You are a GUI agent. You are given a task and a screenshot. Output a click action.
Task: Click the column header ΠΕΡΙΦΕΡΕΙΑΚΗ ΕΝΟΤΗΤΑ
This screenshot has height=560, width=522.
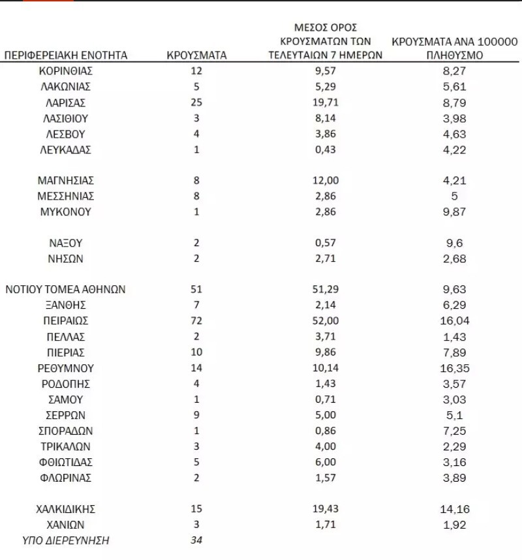point(65,55)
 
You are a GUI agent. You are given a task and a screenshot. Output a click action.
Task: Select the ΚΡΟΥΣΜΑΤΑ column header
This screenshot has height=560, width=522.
point(196,55)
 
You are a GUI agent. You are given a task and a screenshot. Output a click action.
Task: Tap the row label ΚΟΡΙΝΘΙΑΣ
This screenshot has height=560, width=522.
point(65,70)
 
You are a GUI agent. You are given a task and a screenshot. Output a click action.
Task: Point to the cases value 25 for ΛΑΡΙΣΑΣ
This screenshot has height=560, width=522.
point(196,102)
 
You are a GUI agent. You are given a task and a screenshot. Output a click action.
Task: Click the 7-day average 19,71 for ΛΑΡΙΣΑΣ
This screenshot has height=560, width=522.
point(325,102)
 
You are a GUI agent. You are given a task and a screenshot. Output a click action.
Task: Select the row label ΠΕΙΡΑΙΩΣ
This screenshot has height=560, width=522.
point(65,321)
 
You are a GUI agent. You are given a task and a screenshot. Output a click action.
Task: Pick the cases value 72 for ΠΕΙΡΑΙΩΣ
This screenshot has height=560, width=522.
point(196,321)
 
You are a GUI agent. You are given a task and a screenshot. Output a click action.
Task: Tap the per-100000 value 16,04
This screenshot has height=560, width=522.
point(455,321)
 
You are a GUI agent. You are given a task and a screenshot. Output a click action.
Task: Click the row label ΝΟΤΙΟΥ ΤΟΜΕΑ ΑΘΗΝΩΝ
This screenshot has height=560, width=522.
point(65,289)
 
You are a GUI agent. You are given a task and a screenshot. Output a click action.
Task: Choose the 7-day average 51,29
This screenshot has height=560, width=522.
point(325,289)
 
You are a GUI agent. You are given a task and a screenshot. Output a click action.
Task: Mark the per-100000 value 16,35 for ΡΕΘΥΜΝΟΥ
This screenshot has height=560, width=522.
point(455,368)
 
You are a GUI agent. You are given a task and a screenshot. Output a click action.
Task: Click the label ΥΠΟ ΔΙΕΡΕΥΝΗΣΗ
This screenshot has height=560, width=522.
point(65,540)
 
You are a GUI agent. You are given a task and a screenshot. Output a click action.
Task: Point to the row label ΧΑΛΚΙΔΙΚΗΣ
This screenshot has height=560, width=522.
point(65,509)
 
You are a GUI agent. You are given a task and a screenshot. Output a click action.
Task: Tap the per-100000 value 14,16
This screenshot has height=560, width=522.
point(455,509)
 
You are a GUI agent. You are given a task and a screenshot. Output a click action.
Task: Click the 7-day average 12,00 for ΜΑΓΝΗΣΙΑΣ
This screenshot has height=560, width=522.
point(325,180)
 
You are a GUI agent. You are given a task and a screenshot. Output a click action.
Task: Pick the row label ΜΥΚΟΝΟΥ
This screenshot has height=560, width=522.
point(65,211)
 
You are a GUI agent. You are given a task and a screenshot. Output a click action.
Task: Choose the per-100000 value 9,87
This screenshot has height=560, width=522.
point(455,211)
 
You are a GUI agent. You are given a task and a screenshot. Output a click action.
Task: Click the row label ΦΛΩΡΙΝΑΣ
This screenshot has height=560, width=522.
point(65,478)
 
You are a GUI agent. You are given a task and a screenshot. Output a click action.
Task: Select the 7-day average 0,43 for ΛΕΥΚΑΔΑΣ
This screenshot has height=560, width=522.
point(325,149)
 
